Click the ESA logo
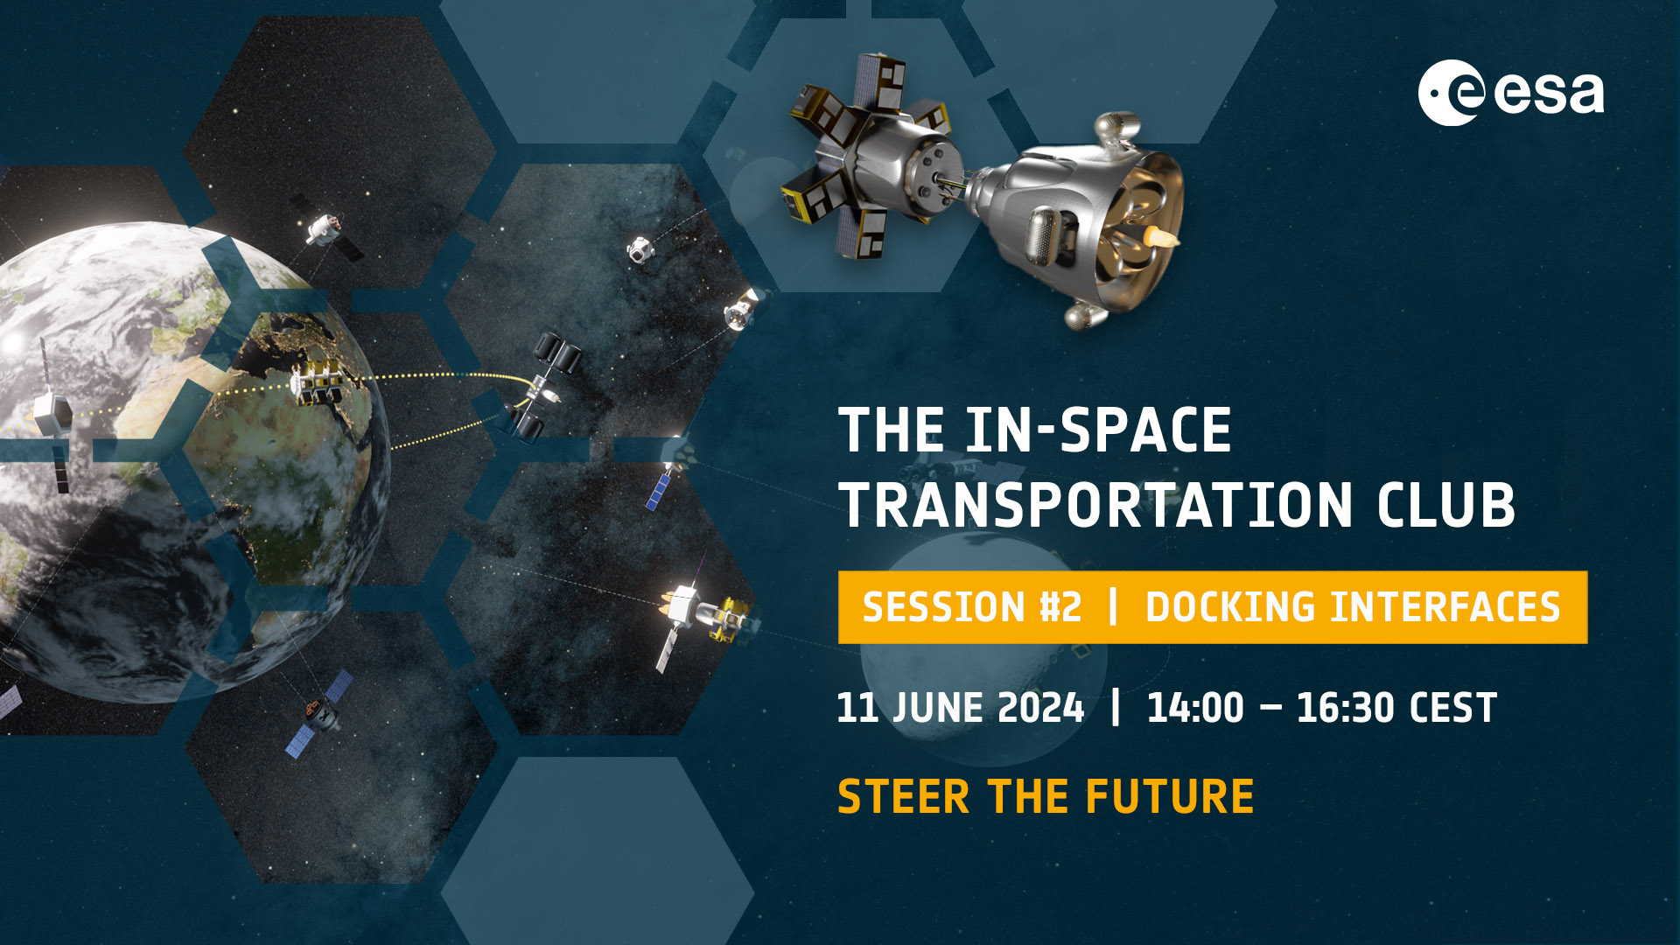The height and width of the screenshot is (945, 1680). click(1511, 93)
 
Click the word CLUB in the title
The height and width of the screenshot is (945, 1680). click(1445, 505)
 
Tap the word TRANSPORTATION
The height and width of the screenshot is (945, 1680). click(1096, 505)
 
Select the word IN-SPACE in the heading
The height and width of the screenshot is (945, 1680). click(1098, 430)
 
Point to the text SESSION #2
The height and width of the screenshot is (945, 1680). click(972, 607)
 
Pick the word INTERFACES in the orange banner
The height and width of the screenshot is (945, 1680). click(1445, 607)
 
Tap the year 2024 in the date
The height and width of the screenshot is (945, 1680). click(1040, 708)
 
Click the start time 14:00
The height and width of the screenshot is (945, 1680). click(1195, 708)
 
